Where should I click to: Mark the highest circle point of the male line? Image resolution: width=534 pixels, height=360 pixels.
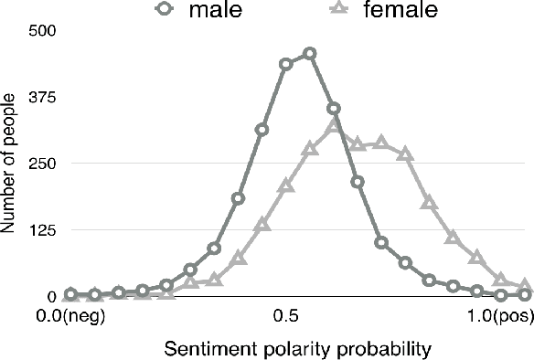tap(309, 53)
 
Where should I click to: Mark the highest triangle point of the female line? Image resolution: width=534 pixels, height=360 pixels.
tap(334, 125)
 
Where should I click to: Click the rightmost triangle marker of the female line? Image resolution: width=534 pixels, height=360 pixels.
tap(525, 286)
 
